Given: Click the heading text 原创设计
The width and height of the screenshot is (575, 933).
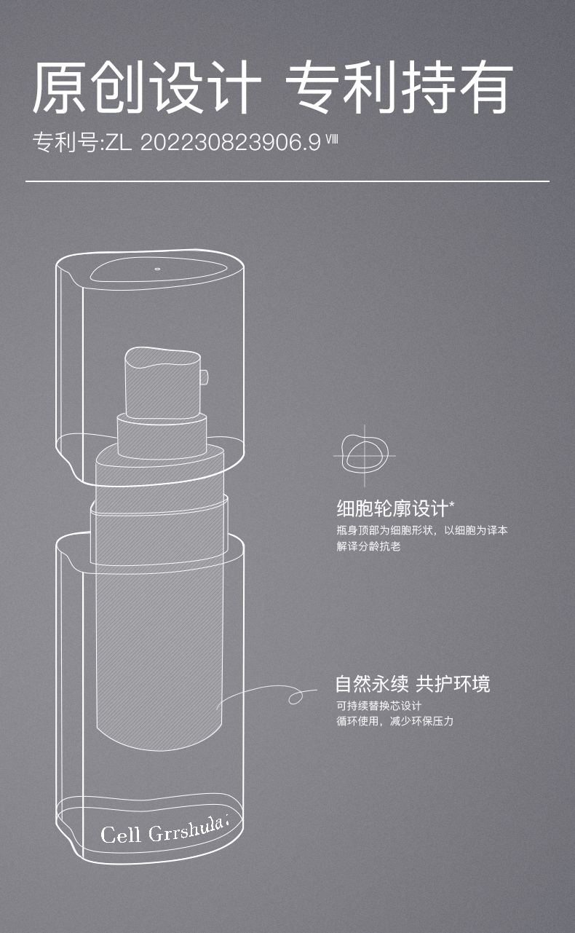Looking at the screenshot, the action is [x=146, y=87].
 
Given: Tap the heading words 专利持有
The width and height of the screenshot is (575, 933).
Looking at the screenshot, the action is [x=399, y=87].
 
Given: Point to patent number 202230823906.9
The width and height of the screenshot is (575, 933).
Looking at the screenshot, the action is [x=231, y=143].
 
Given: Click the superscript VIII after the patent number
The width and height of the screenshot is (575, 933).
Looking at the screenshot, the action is [x=331, y=138].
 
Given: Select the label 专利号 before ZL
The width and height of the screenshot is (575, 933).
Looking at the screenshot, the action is [x=66, y=143].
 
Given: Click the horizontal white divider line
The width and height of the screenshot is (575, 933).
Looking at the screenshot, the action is [x=287, y=181].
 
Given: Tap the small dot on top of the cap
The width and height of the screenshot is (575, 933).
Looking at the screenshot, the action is [x=157, y=269].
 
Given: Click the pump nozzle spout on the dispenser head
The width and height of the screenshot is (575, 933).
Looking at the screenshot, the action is [x=204, y=377].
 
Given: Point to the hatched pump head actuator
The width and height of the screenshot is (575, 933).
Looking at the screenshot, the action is [x=163, y=382].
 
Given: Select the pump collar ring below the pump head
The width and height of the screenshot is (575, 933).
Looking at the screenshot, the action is [x=162, y=436].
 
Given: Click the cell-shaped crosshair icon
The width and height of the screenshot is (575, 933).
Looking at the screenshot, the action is [x=365, y=455].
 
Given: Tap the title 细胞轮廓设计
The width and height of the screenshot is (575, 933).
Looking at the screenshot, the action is [x=392, y=508].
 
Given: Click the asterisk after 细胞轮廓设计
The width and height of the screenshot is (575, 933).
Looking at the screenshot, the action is [x=452, y=505].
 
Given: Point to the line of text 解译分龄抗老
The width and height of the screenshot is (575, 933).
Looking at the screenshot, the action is [x=368, y=546].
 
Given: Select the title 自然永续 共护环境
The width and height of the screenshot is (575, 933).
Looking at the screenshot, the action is [x=413, y=683].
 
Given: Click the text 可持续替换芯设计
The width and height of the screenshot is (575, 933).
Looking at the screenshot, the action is [x=379, y=706].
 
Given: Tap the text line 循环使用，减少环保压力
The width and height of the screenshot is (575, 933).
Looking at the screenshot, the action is [x=394, y=721].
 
